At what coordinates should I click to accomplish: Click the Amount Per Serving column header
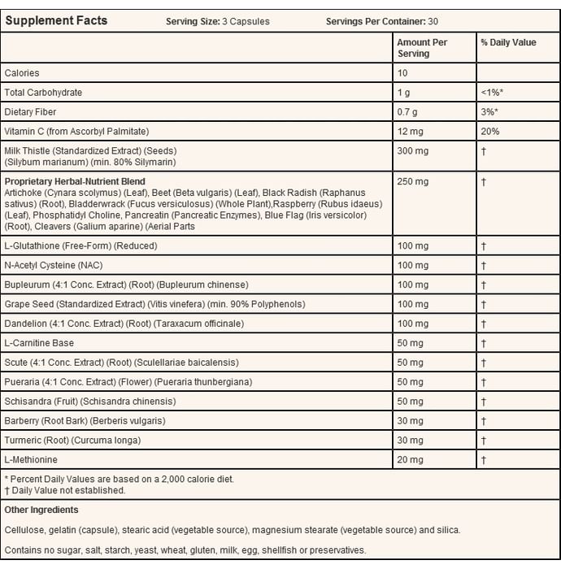pos(423,48)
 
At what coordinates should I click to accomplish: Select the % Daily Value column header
pos(508,43)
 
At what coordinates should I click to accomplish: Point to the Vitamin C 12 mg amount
pos(410,132)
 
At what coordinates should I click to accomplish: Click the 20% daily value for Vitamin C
pos(490,132)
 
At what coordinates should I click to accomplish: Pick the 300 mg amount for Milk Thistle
pos(412,151)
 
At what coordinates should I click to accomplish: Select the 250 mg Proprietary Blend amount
pos(412,182)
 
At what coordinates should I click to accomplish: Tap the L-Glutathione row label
pos(80,245)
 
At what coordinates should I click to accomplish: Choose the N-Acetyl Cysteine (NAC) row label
pos(65,265)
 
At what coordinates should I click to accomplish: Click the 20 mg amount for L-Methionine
pos(410,460)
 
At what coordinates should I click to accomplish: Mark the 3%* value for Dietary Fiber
pos(489,112)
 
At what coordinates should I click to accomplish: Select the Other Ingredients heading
pos(41,510)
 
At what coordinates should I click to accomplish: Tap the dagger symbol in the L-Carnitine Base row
pos(483,343)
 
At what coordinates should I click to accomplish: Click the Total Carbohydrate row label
pos(43,93)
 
